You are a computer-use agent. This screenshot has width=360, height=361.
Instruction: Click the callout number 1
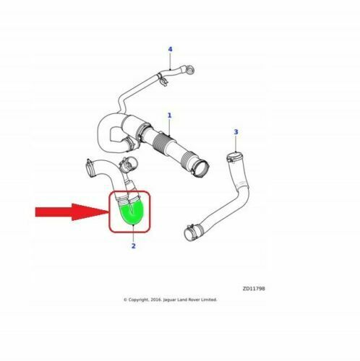[169, 116]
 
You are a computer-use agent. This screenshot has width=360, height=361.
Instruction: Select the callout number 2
[134, 246]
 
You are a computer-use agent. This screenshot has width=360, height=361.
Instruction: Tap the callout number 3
[236, 132]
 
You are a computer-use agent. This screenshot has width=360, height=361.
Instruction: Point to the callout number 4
[170, 49]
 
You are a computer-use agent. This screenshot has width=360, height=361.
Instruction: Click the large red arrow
[72, 212]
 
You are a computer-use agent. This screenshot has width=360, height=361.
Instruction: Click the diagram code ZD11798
[254, 289]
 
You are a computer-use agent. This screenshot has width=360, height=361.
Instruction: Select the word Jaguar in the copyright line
[169, 300]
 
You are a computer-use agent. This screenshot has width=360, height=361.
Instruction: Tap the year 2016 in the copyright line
[155, 300]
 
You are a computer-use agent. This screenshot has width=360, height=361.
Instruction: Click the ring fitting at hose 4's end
[190, 70]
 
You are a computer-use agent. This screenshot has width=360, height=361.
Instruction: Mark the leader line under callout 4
[171, 61]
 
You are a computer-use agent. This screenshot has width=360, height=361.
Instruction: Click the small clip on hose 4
[163, 79]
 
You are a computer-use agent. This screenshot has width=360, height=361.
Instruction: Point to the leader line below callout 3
[236, 144]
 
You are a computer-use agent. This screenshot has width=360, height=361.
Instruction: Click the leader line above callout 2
[133, 233]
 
